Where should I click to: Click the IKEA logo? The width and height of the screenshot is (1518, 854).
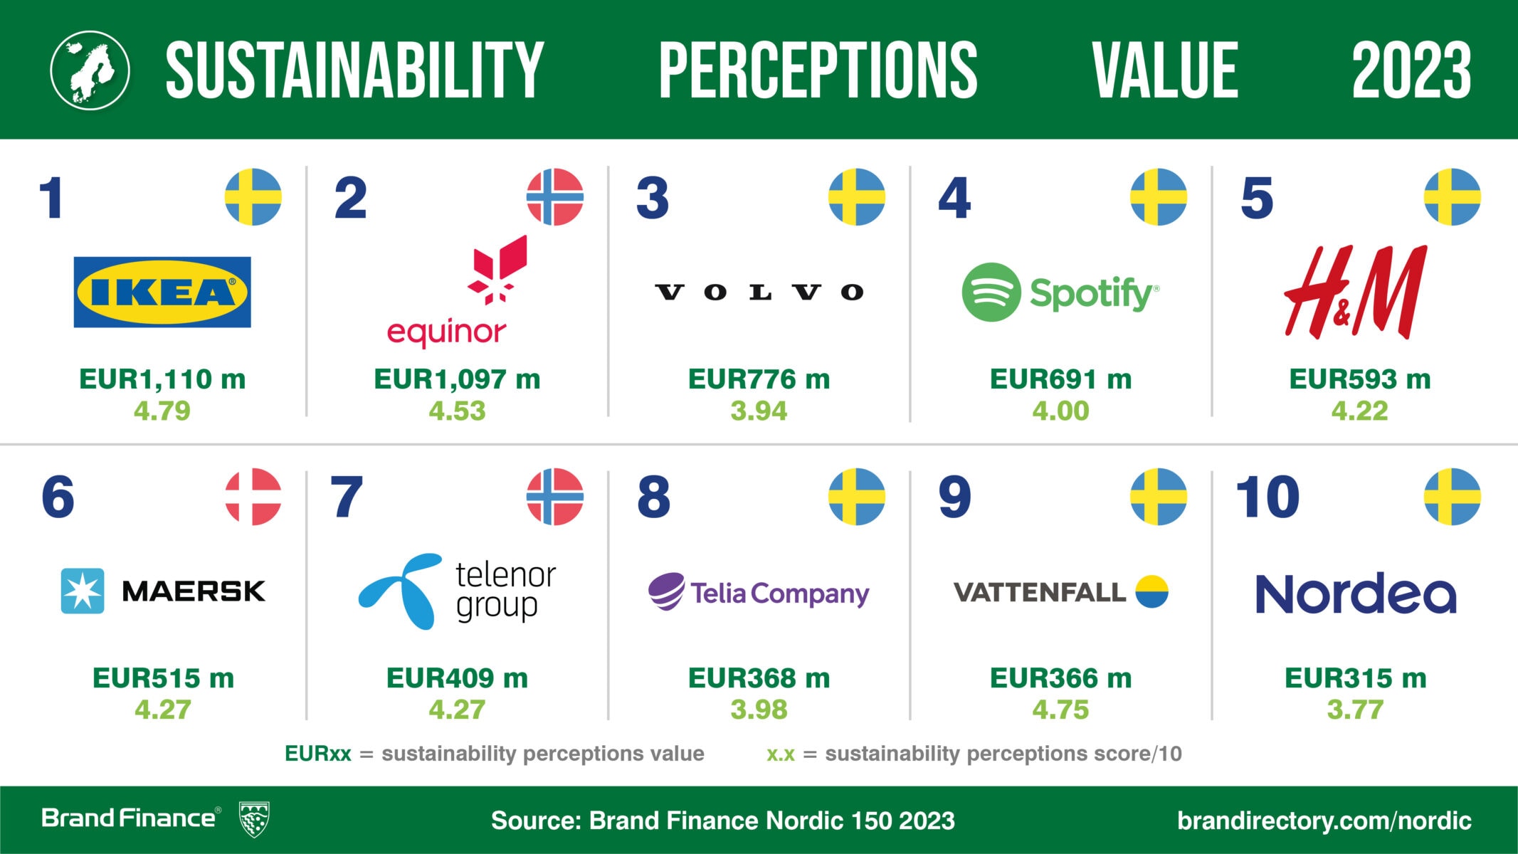[162, 292]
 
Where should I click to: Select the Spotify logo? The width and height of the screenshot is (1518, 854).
[1060, 292]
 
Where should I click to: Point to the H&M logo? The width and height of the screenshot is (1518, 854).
[1356, 292]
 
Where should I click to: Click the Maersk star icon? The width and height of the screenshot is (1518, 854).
[83, 591]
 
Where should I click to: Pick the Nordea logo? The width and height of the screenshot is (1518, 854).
[1356, 593]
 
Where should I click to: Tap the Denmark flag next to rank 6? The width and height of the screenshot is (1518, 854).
[253, 497]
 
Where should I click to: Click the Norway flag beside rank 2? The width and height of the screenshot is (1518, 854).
[555, 197]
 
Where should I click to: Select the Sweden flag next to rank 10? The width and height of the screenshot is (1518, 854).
[1453, 497]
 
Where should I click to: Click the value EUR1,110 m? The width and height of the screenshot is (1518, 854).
[162, 379]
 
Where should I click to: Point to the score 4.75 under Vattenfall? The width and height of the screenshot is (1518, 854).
[1060, 710]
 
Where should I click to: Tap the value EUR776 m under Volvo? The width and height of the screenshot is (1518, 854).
[759, 379]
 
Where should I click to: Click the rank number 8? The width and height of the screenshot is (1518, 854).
[653, 497]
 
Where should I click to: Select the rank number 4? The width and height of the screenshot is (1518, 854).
[954, 198]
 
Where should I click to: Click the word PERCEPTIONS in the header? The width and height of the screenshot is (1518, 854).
[818, 69]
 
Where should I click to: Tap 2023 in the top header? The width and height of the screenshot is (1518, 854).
[1411, 69]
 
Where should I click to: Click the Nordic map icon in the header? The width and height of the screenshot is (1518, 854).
[90, 70]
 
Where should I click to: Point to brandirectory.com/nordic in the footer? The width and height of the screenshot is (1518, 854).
[1324, 821]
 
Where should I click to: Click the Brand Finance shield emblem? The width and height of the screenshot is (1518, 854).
[254, 819]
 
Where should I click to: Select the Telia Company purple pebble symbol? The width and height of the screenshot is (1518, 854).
[667, 591]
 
